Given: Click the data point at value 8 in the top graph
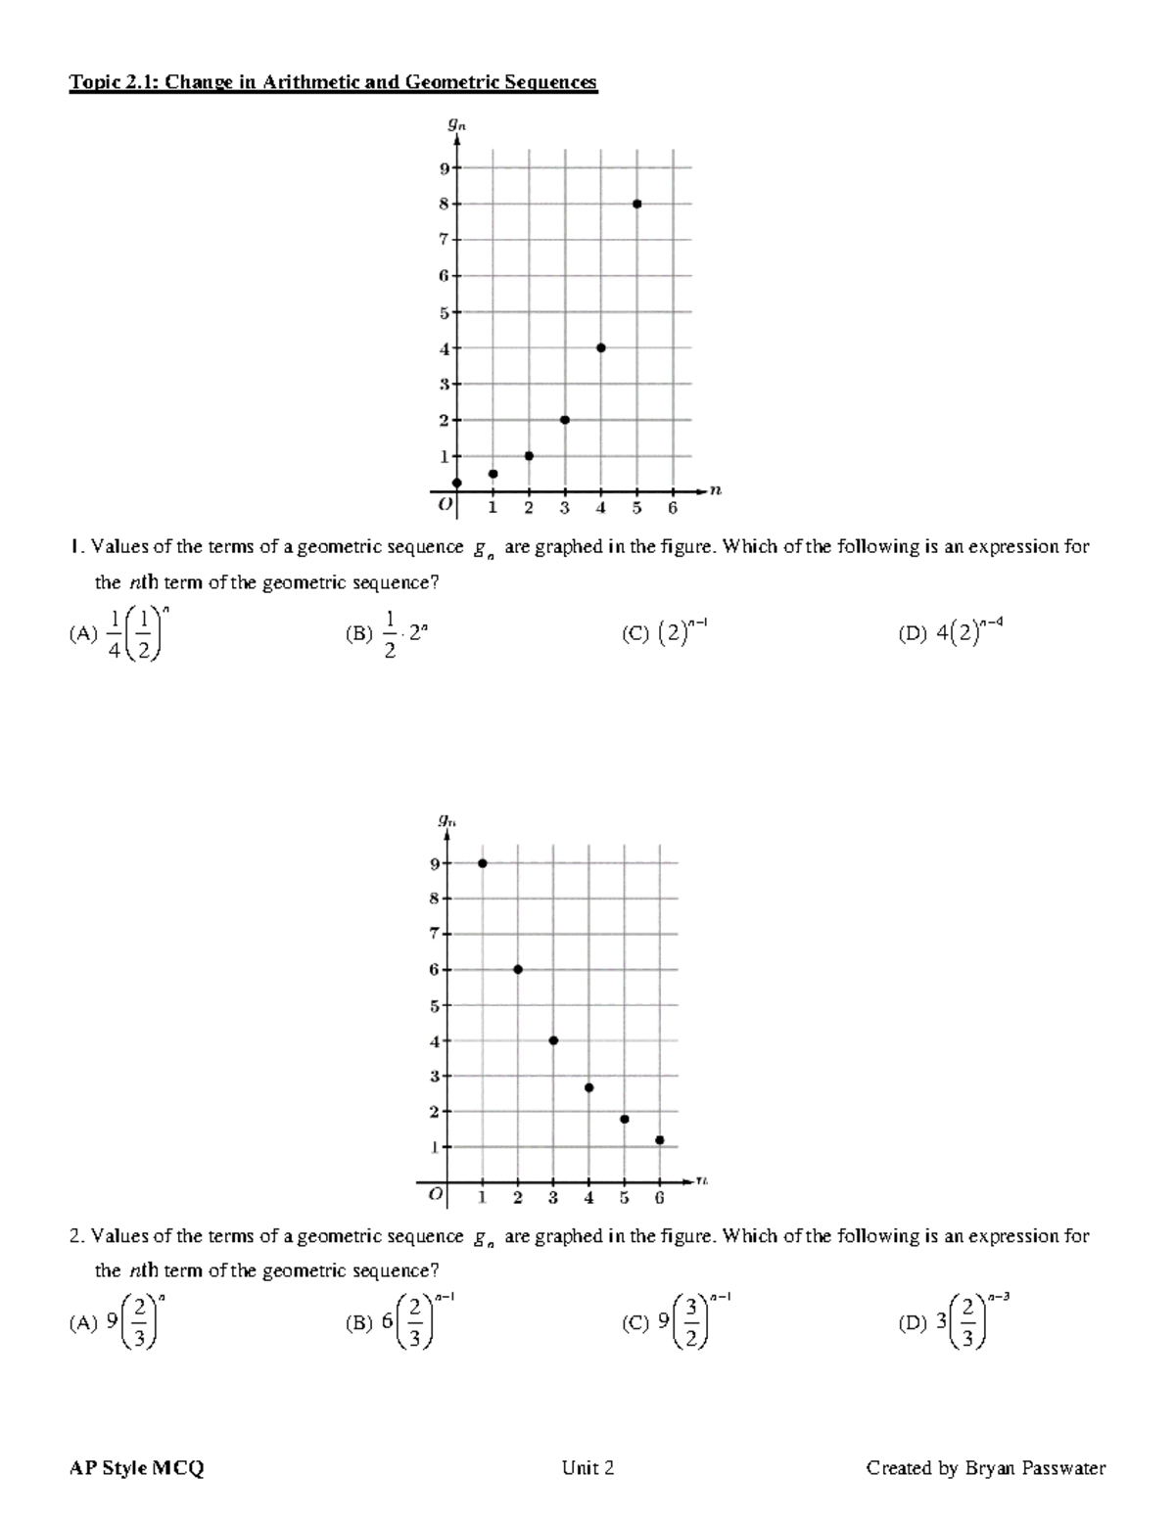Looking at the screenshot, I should point(636,204).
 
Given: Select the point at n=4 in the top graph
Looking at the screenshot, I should point(600,347).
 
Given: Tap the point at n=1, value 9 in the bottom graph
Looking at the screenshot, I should point(482,863).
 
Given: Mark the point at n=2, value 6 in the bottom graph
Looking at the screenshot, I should point(518,969).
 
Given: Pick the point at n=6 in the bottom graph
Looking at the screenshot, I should point(660,1139).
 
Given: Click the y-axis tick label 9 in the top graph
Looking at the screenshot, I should point(444,168).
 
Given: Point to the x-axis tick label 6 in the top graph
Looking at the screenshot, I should point(673,508).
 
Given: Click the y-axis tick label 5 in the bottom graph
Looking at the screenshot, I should point(434,1005).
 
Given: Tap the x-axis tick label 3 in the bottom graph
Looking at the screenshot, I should point(553,1197).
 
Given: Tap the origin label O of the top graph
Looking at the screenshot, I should point(445,506).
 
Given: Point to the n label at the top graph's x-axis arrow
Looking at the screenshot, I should point(716,490).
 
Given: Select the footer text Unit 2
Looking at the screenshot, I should point(587,1468).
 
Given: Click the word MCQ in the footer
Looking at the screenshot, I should point(177,1468).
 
